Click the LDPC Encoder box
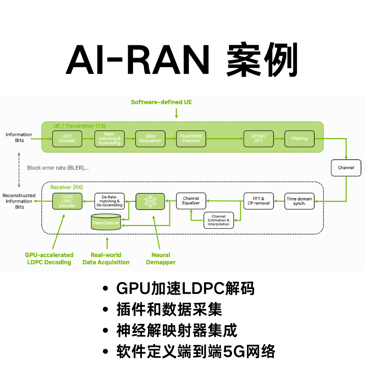67,138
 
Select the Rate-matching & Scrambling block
109,138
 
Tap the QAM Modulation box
150,138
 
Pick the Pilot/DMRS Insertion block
191,138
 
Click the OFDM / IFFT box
258,138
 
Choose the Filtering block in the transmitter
299,138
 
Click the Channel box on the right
346,168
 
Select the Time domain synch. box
300,201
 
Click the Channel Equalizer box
191,201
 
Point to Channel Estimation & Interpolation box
218,220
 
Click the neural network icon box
150,201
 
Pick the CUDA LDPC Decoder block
67,201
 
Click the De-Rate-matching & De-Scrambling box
109,201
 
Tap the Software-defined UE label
161,102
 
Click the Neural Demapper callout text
161,258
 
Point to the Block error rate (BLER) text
58,168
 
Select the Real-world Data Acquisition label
106,258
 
